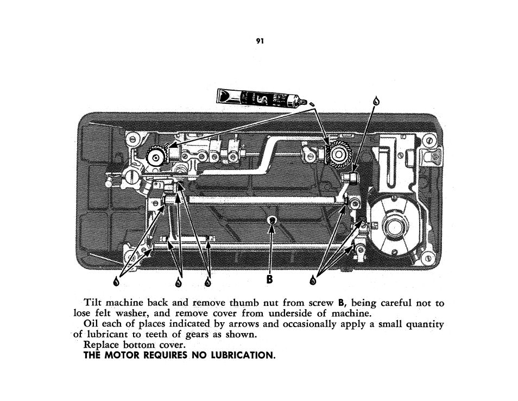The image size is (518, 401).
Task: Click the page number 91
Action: pyautogui.click(x=260, y=41)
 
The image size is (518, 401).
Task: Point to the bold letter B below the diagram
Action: pyautogui.click(x=269, y=279)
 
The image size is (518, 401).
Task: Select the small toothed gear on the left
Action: pyautogui.click(x=156, y=156)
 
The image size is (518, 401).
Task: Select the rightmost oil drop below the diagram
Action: pyautogui.click(x=312, y=280)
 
